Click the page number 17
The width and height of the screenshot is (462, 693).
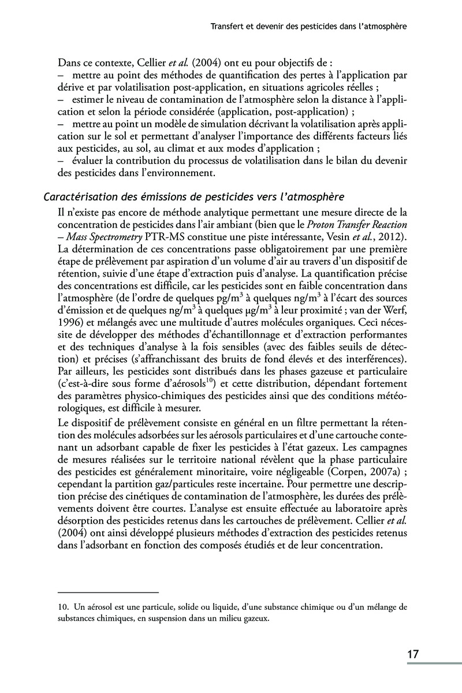tap(412, 654)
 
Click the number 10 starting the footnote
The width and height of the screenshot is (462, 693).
tap(64, 606)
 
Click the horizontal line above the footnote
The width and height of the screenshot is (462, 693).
tap(108, 593)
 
